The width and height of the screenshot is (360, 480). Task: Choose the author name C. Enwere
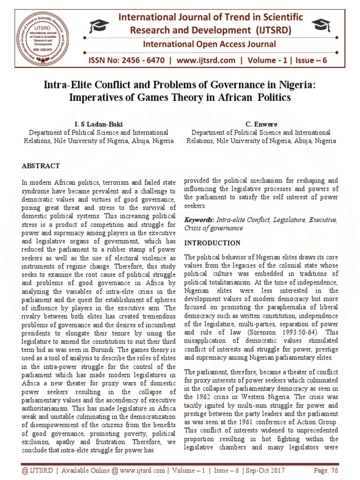261,124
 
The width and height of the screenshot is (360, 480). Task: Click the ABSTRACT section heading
41,166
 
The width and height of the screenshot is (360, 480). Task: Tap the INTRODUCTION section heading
212,243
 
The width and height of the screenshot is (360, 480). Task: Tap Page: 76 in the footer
324,470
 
